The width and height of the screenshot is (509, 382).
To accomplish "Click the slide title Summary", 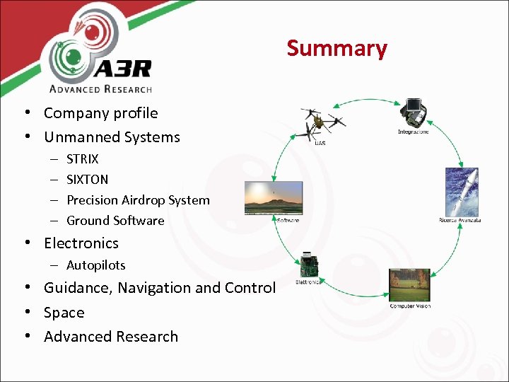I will [337, 48].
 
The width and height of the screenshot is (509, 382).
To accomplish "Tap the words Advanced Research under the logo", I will [100, 88].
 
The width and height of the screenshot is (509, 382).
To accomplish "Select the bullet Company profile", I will [100, 113].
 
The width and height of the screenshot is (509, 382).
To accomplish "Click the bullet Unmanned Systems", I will [112, 137].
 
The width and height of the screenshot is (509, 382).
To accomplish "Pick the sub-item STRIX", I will [82, 159].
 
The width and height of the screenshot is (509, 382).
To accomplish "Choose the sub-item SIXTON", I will [87, 180].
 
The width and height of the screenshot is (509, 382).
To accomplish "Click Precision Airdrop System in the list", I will [138, 200].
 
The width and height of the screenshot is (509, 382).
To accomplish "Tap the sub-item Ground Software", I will [115, 221].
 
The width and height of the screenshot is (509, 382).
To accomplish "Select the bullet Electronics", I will [81, 243].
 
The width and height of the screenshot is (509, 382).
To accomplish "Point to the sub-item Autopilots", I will [95, 265].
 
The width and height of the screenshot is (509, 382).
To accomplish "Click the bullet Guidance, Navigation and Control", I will [159, 288].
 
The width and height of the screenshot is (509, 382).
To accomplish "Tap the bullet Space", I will [64, 313].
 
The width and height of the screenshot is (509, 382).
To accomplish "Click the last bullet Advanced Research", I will [110, 337].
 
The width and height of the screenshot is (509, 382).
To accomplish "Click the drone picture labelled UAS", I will [321, 124].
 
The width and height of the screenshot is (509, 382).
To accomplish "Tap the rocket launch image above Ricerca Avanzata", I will [461, 191].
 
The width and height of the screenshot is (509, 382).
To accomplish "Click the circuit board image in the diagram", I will [308, 265].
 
